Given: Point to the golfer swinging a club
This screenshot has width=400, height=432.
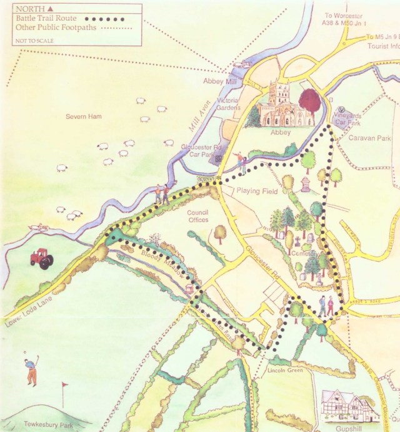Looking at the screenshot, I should pyautogui.click(x=31, y=369).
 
